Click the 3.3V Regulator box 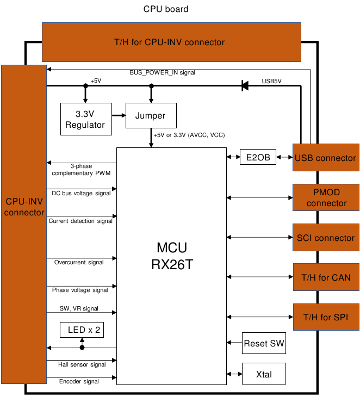tap(85, 119)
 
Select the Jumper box tap(151, 115)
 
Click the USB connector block tap(326, 158)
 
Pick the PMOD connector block tap(326, 197)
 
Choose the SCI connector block tap(326, 238)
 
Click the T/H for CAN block tap(326, 277)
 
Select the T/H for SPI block tap(326, 317)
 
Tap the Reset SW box tap(264, 344)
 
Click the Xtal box tap(264, 374)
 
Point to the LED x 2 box tap(82, 330)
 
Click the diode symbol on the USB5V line tap(245, 85)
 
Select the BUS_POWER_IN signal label tap(162, 72)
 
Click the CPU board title tap(166, 9)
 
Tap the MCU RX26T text tap(171, 257)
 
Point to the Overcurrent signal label tap(79, 262)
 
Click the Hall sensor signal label tap(82, 364)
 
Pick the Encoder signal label tap(78, 381)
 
